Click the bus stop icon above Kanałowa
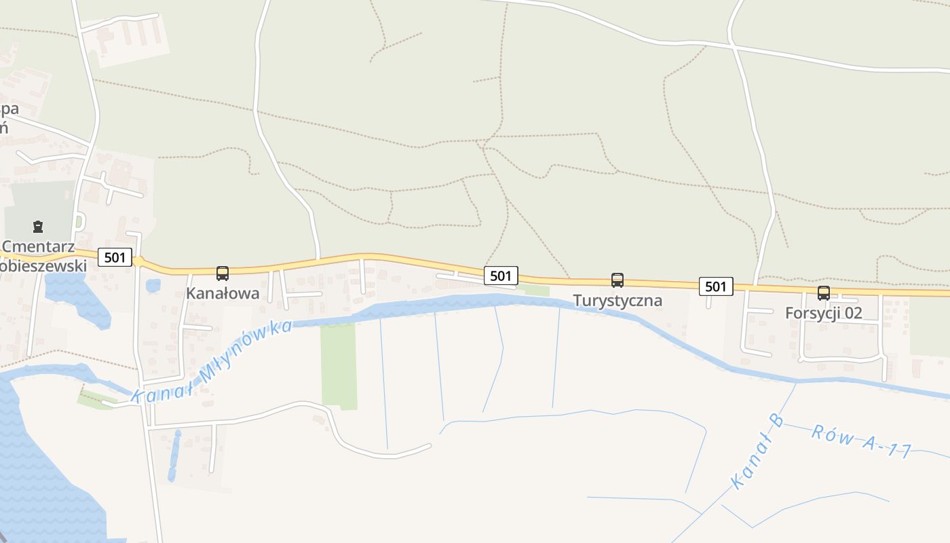click(223, 274)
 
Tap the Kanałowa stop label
click(223, 293)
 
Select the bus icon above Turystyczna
click(617, 280)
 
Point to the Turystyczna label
click(617, 300)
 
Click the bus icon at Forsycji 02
click(823, 293)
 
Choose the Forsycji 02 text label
click(823, 313)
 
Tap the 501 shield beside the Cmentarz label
click(115, 257)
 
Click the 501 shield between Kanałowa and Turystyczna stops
click(501, 275)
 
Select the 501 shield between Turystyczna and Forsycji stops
click(716, 286)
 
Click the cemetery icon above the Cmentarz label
click(38, 227)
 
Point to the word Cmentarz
click(39, 246)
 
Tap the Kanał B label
click(757, 451)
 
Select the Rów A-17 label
click(860, 441)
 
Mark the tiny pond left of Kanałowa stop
click(153, 286)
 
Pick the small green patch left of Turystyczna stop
click(534, 291)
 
